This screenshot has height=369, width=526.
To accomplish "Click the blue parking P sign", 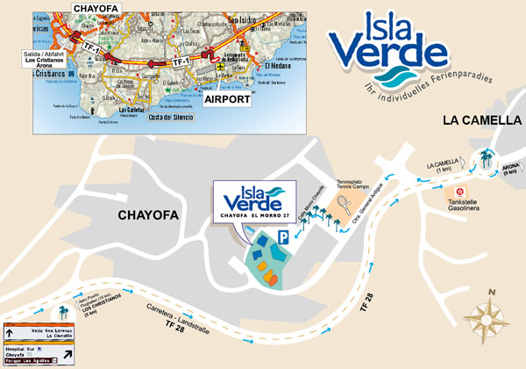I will coord(282,237).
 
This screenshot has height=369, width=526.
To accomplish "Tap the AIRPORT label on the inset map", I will coord(228,101).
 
